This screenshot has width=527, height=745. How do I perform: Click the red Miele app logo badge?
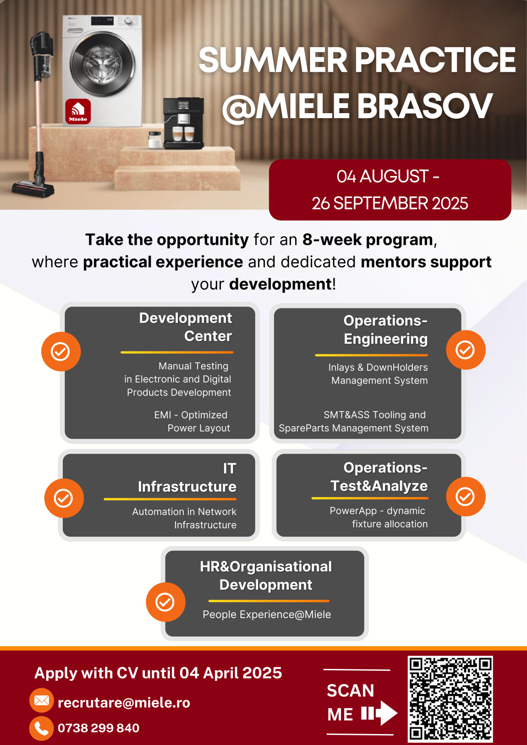pos(78,111)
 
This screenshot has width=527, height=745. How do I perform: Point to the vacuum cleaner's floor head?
pos(33,189)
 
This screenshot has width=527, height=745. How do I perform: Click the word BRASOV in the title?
pos(424,106)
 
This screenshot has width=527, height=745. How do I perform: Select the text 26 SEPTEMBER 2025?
pos(390,203)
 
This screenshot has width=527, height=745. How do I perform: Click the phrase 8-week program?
pos(368,240)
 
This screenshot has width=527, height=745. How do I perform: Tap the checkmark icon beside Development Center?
pos(61,351)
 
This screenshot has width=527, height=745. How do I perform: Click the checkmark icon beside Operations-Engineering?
pos(466,350)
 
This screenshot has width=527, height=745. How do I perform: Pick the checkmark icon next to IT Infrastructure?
pos(64,498)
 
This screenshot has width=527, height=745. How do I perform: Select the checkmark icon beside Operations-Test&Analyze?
pos(466,496)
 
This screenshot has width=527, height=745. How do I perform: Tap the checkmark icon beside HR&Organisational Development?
pos(165,602)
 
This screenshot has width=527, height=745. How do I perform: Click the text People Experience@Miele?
pos(267,614)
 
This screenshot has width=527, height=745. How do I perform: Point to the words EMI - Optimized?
pos(191,415)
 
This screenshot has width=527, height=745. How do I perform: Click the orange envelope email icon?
pos(42,700)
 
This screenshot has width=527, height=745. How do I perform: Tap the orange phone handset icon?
pos(42,729)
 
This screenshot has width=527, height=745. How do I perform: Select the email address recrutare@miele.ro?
pos(124,702)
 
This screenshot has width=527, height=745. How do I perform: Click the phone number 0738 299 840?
pos(99,728)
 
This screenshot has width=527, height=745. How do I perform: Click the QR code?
pos(450,699)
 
